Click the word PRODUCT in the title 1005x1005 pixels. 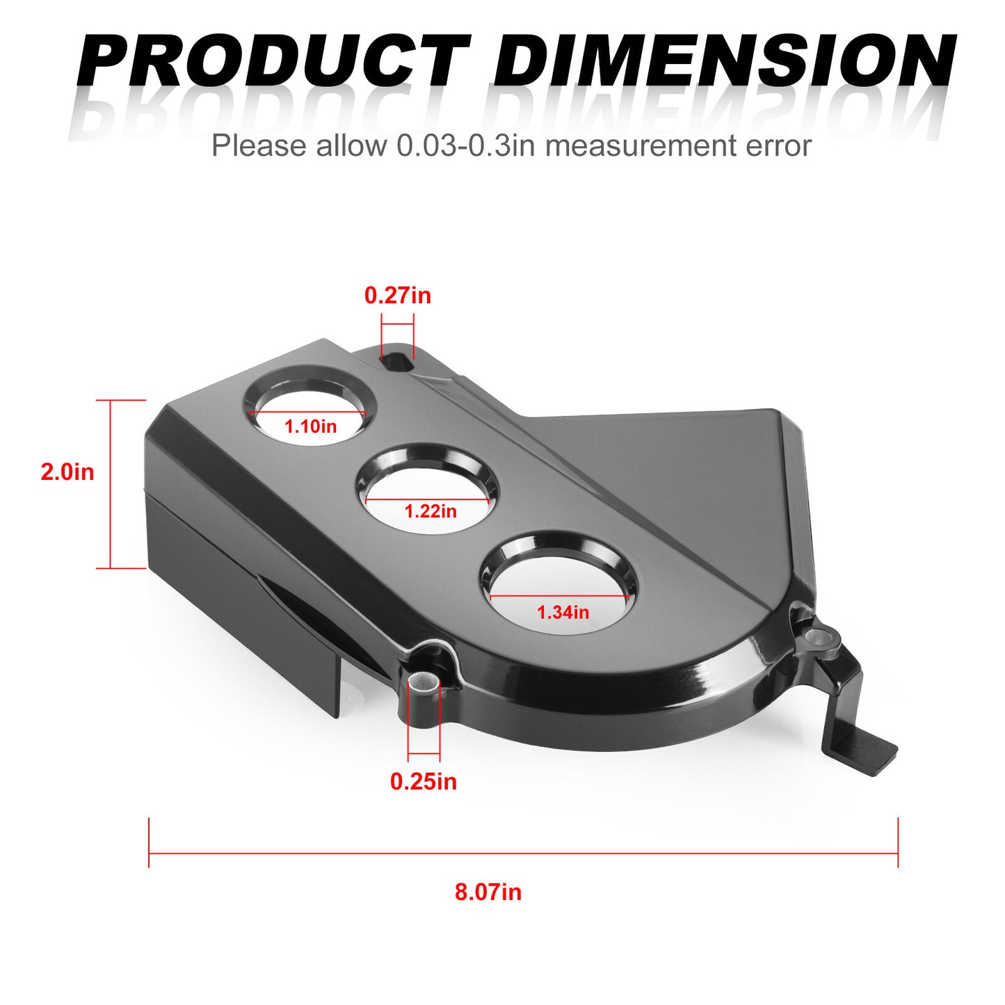pos(274,61)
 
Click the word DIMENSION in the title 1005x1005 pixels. pos(724,61)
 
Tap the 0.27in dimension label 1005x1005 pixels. pos(397,296)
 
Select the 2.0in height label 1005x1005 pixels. pos(67,472)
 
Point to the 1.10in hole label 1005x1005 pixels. pos(310,426)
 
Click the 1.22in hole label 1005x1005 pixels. pos(431,511)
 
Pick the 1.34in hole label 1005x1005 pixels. pos(563,612)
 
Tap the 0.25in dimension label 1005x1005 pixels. pos(423,781)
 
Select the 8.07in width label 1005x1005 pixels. pos(488,892)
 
